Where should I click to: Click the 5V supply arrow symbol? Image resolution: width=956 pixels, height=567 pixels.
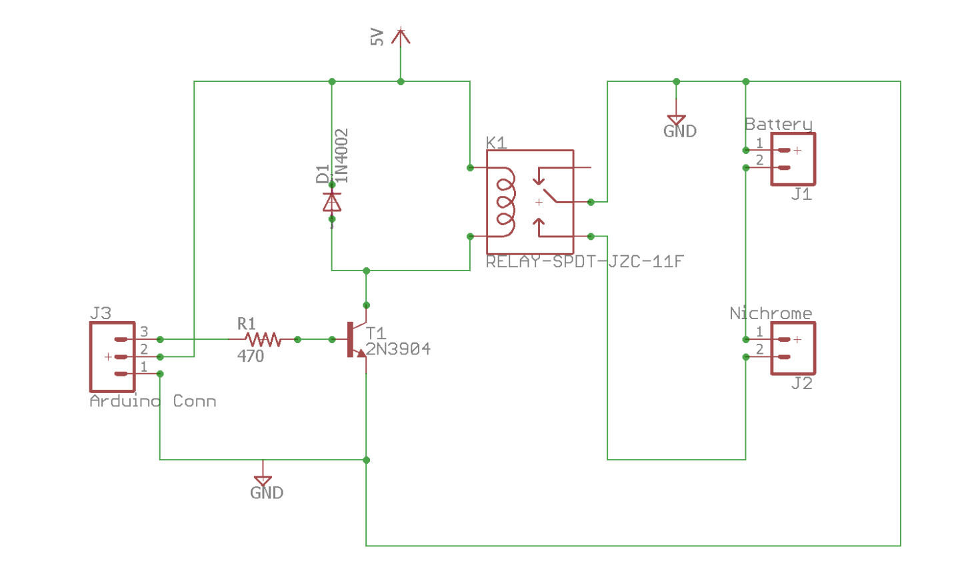pos(400,37)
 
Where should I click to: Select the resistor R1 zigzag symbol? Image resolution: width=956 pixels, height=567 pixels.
pos(263,340)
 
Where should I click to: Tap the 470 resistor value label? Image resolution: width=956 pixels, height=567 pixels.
pos(251,356)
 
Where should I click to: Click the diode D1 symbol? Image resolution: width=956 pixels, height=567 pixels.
pos(332,201)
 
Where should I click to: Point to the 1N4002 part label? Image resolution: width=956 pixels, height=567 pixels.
pos(341,155)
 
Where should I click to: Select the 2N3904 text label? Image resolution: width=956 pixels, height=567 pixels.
pos(398,349)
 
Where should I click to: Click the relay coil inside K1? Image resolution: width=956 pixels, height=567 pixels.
pos(504,201)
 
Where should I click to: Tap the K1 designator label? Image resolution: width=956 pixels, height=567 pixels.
pos(496,143)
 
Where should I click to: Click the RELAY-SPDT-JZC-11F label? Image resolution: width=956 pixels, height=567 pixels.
pos(585,262)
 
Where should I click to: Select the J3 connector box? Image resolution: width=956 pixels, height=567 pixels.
pos(113,356)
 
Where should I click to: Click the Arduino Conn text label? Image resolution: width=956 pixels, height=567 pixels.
pos(153,401)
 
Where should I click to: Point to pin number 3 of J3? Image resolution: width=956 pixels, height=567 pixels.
pos(144,332)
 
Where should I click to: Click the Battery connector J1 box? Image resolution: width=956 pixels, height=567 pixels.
pos(793,159)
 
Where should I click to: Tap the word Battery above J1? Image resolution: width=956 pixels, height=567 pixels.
pos(778,125)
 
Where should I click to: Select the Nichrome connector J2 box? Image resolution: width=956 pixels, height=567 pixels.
pos(793,348)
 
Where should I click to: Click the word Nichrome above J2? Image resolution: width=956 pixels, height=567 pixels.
pos(771,314)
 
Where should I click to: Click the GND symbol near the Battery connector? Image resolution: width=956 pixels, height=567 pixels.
pos(677,123)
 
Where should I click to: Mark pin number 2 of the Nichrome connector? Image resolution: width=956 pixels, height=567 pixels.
pos(759,350)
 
